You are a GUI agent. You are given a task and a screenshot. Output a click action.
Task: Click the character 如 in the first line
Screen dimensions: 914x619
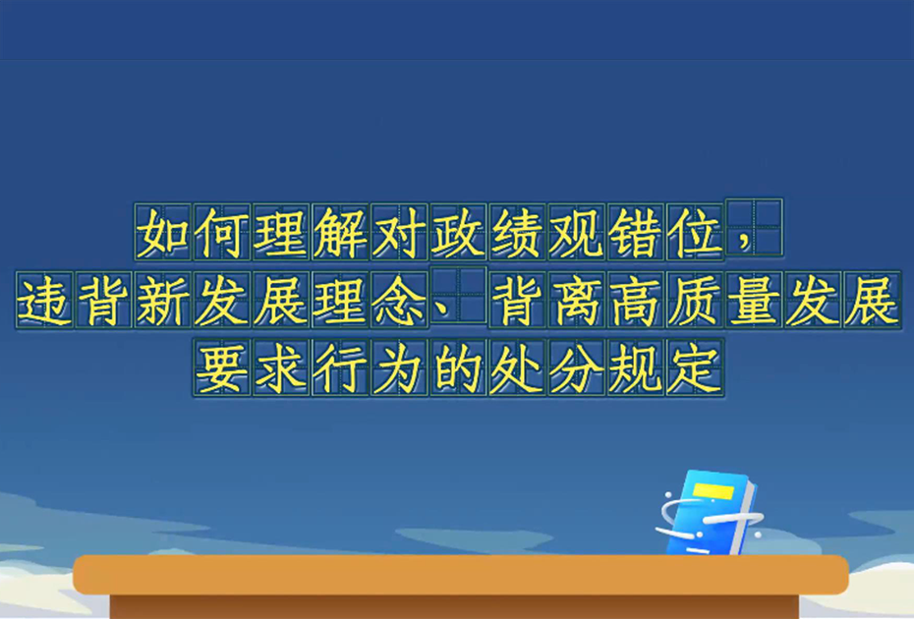(x=162, y=233)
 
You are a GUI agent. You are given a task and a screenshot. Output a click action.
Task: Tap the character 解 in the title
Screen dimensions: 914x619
(x=340, y=233)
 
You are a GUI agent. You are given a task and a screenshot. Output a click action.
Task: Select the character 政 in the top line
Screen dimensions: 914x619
(x=458, y=233)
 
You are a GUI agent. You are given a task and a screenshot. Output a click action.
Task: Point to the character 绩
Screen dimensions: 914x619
(x=518, y=233)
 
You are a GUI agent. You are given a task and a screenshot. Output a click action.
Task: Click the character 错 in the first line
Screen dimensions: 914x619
(x=636, y=233)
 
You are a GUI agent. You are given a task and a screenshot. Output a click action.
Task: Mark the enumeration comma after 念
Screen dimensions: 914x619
(x=442, y=313)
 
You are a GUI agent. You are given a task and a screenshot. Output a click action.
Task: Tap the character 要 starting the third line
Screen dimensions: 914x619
(x=221, y=367)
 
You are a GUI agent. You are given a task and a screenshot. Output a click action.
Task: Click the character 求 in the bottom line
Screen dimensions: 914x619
(x=281, y=367)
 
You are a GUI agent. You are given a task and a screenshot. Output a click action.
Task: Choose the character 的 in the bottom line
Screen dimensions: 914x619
(x=458, y=367)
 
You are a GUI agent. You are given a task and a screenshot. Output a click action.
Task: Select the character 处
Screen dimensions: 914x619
(x=518, y=367)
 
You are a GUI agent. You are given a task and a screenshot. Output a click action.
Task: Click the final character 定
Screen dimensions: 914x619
(x=695, y=367)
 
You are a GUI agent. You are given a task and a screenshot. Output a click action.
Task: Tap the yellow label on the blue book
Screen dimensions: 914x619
(x=713, y=491)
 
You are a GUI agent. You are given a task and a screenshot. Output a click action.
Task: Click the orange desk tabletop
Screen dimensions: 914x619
(x=461, y=574)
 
